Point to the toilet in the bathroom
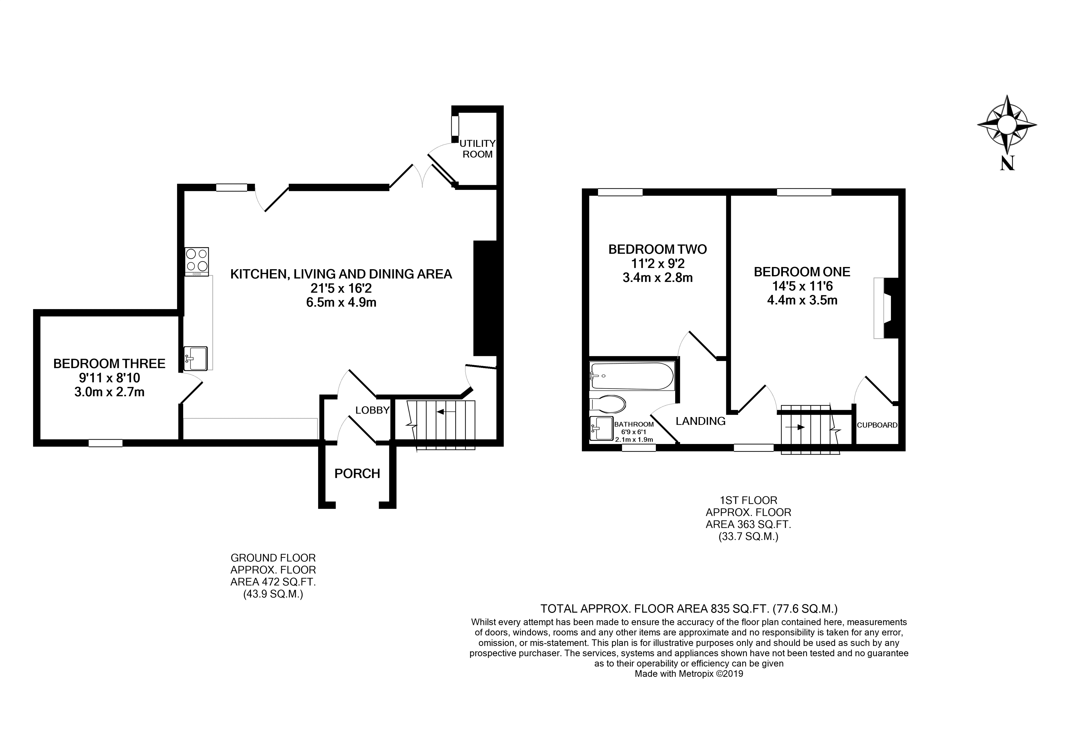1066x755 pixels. point(608,404)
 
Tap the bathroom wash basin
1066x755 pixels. point(601,428)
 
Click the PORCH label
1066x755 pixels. point(357,473)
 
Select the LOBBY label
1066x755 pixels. point(372,410)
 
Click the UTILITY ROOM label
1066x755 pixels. point(477,149)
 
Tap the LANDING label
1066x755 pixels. point(700,421)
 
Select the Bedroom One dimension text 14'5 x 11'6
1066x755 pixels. point(802,286)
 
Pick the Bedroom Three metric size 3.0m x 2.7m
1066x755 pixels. point(109,392)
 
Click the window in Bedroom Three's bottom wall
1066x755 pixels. point(105,443)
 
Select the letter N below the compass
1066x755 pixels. point(1007,163)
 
